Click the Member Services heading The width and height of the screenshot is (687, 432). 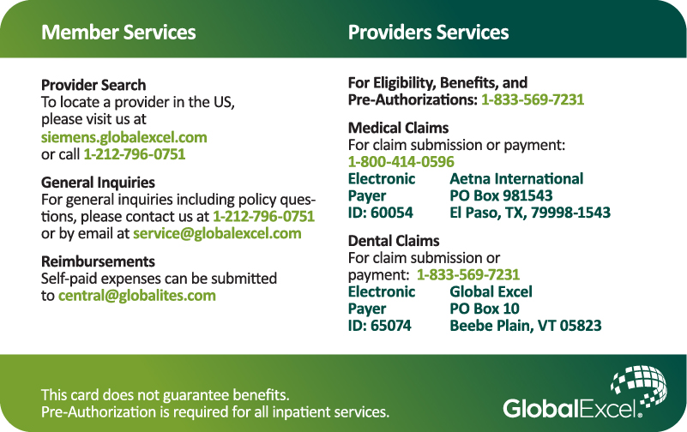[118, 33]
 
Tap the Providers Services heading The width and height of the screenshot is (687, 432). [428, 33]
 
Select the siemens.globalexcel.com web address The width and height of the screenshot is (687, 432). [124, 137]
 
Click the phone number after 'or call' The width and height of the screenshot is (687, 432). [135, 154]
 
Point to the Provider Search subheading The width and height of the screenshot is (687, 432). [93, 85]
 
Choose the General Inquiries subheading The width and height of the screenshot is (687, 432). [98, 182]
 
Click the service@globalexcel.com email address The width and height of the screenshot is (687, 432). [217, 233]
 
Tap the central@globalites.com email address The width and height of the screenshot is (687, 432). [137, 296]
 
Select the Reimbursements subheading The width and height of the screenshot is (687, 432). [98, 261]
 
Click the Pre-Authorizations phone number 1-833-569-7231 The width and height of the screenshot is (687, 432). [533, 99]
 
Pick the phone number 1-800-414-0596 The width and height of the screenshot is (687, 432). [401, 162]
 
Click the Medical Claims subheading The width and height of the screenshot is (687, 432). [398, 128]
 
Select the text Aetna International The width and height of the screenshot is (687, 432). [516, 178]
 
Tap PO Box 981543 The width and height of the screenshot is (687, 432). [501, 195]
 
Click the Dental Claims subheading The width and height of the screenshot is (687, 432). [394, 241]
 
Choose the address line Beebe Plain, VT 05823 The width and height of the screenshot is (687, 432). [526, 326]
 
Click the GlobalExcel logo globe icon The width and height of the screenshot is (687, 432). [639, 386]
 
